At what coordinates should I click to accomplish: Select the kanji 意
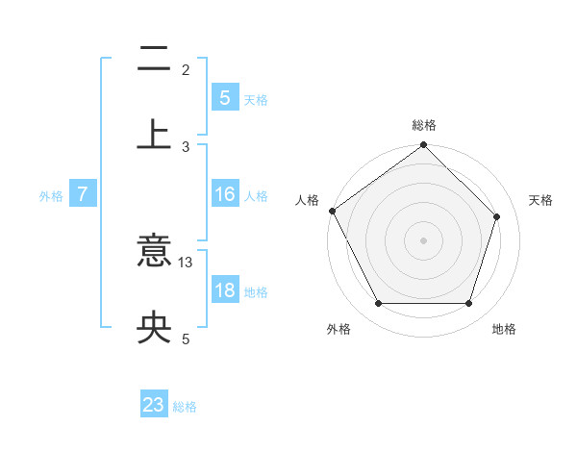tap(154, 252)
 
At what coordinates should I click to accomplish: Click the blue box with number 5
tap(224, 98)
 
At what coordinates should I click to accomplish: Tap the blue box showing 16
tap(224, 194)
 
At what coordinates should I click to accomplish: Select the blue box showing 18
tap(224, 290)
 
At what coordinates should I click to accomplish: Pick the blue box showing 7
tap(83, 194)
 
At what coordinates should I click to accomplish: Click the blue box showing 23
tap(154, 405)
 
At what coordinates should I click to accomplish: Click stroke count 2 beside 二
tap(186, 69)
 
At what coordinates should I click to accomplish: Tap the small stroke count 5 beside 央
tap(186, 339)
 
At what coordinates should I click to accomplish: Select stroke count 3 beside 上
tap(186, 146)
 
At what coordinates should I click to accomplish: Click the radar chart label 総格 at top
tap(424, 125)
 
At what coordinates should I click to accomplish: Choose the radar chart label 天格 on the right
tap(541, 200)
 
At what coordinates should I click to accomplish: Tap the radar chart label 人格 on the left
tap(307, 200)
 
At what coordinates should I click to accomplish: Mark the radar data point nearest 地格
tap(469, 304)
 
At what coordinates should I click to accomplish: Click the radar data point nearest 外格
tap(378, 304)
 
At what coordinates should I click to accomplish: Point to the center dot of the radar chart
tap(423, 240)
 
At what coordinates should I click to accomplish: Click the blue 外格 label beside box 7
tap(51, 195)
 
